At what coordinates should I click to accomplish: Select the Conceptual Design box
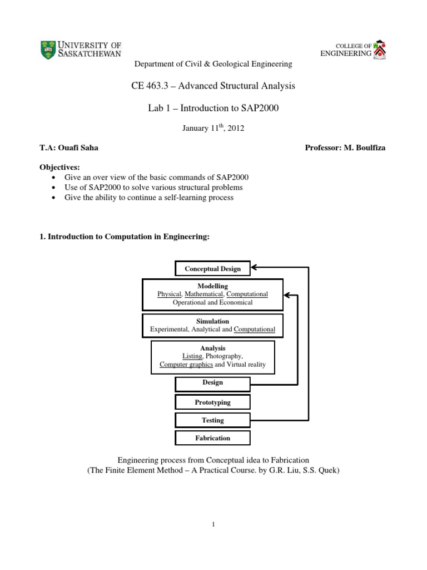[x=213, y=269]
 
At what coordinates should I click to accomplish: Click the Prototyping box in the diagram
[x=213, y=402]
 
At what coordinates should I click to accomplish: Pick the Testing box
[x=213, y=420]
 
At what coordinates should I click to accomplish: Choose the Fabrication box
[x=213, y=438]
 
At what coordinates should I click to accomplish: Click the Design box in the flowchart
[x=213, y=383]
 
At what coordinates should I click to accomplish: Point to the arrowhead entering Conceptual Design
[x=255, y=268]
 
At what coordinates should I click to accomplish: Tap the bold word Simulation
[x=212, y=322]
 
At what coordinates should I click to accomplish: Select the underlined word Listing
[x=193, y=356]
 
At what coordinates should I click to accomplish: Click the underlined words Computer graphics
[x=186, y=365]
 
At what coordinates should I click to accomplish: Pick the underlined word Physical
[x=170, y=294]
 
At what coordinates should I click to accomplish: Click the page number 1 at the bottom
[x=213, y=524]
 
